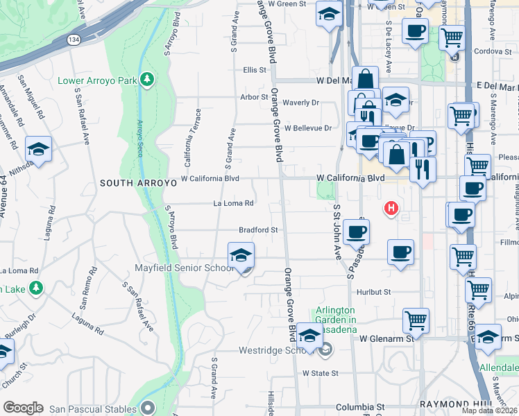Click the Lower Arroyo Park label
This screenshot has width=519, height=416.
pos(97,80)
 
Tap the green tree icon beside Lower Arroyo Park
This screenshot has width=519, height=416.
pos(146,80)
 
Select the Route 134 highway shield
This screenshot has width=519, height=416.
pos(73,40)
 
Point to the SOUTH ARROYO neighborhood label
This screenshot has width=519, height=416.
pos(135,184)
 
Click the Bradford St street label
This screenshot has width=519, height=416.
pos(258,229)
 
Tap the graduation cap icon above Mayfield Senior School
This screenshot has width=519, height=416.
pos(241,255)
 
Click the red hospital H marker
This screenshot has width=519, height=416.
pos(391,207)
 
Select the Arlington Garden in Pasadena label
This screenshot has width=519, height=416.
pos(336,315)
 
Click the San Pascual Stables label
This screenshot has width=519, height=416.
pos(96,406)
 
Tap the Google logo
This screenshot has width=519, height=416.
pos(23,408)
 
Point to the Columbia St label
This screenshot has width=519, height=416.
pos(360,407)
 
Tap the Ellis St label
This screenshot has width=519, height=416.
pos(255,70)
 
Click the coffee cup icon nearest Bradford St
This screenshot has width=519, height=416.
pos(356,232)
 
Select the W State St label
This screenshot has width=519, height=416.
pos(319,372)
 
